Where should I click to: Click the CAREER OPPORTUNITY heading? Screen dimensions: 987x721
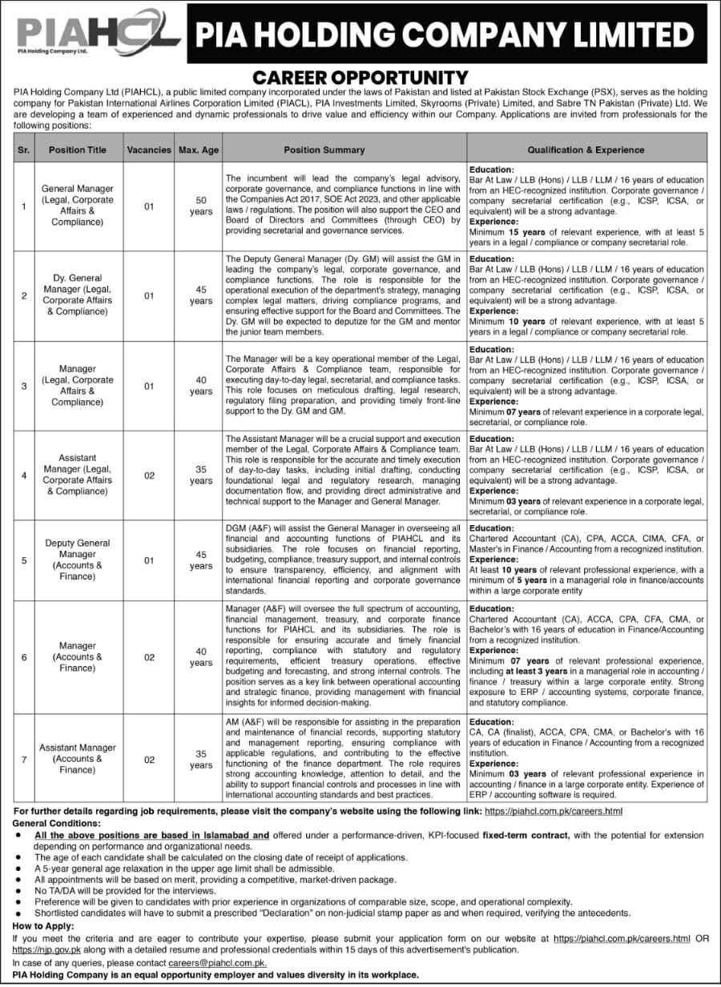360,78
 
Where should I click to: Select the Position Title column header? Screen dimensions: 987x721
77,150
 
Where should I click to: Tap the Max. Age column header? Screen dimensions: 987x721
200,150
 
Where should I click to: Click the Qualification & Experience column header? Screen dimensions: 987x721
586,150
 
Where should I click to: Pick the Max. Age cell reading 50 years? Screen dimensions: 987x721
201,207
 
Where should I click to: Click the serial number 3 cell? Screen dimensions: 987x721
24,386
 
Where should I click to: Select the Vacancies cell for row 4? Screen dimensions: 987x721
149,475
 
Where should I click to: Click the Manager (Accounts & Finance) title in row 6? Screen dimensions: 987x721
77,656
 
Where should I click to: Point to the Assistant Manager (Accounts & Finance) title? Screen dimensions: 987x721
77,759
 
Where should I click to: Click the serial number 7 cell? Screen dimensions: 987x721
24,760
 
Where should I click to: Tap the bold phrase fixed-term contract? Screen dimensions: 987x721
526,835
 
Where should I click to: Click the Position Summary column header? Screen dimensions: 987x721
324,150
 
